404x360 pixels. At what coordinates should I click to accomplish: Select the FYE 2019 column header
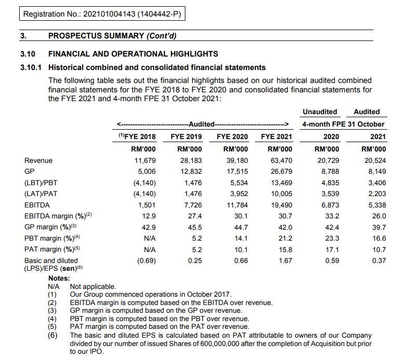[186, 137]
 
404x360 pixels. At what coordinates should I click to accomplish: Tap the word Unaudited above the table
[320, 112]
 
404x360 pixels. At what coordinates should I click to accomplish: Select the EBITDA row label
[37, 205]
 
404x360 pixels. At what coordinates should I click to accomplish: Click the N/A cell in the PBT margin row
[150, 238]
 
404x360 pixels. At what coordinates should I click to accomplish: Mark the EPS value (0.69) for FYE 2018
[146, 260]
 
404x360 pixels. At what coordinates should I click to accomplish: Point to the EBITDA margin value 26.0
[379, 216]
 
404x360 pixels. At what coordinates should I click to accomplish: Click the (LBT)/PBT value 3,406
[376, 183]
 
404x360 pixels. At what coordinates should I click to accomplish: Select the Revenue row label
[38, 161]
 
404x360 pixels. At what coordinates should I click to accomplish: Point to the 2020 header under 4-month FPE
[331, 137]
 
